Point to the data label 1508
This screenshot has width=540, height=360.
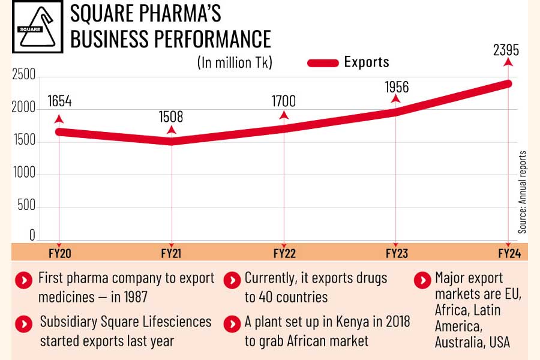(171, 116)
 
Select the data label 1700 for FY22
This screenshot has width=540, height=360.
(283, 101)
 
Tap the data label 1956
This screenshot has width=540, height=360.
(396, 87)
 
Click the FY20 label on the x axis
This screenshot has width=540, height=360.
(59, 253)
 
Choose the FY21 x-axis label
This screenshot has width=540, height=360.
(172, 253)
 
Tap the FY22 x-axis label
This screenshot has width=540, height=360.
(284, 253)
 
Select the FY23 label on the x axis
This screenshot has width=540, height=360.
(396, 253)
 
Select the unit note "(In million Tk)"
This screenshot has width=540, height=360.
(235, 62)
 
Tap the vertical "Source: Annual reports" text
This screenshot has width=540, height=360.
(522, 192)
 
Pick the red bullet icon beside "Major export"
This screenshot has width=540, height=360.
(424, 279)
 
